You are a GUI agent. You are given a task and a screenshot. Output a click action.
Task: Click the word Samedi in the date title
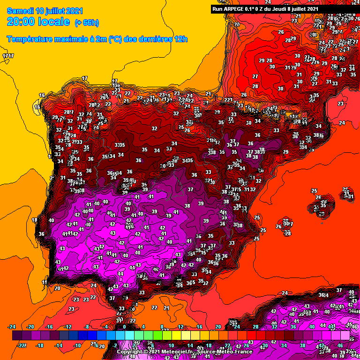pyautogui.click(x=18, y=10)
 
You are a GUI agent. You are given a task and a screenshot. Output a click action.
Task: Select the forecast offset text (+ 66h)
pyautogui.click(x=87, y=22)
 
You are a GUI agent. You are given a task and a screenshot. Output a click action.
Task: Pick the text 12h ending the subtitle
pyautogui.click(x=181, y=39)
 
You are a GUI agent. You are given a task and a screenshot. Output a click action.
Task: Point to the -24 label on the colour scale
pyautogui.click(x=13, y=327)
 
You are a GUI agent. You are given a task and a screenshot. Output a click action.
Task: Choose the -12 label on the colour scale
pyautogui.click(x=68, y=327)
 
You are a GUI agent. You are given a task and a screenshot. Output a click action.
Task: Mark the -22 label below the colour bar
pyautogui.click(x=21, y=345)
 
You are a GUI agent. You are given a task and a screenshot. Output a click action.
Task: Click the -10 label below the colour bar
pyautogui.click(x=77, y=345)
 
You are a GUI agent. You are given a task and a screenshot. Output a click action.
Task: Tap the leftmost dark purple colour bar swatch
pyautogui.click(x=16, y=336)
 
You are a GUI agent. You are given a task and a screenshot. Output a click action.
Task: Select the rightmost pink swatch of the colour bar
pyautogui.click(x=345, y=336)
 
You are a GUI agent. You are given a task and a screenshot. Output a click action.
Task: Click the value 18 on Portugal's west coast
pyautogui.click(x=34, y=220)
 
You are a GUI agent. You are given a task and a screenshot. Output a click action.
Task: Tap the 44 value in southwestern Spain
pyautogui.click(x=120, y=274)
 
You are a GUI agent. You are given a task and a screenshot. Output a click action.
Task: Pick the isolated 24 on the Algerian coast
pyautogui.click(x=285, y=293)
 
